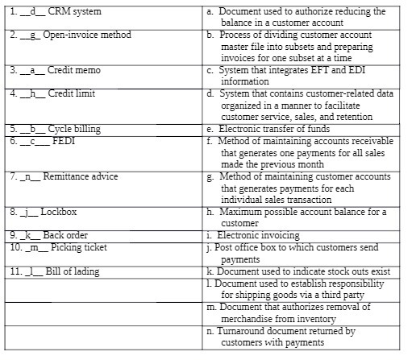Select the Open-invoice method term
89,35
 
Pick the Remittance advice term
80,176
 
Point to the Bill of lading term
72,271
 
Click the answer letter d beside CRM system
30,12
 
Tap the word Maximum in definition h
242,212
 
